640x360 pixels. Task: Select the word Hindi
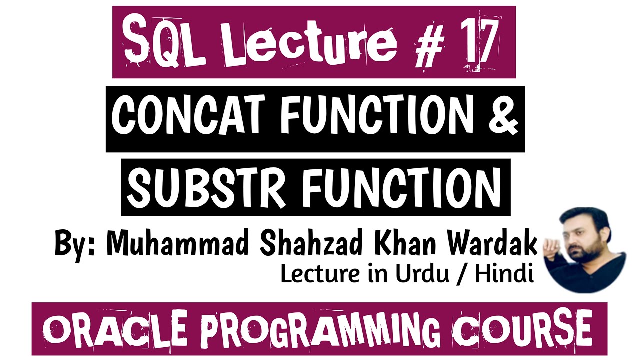504,273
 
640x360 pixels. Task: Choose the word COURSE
523,328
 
